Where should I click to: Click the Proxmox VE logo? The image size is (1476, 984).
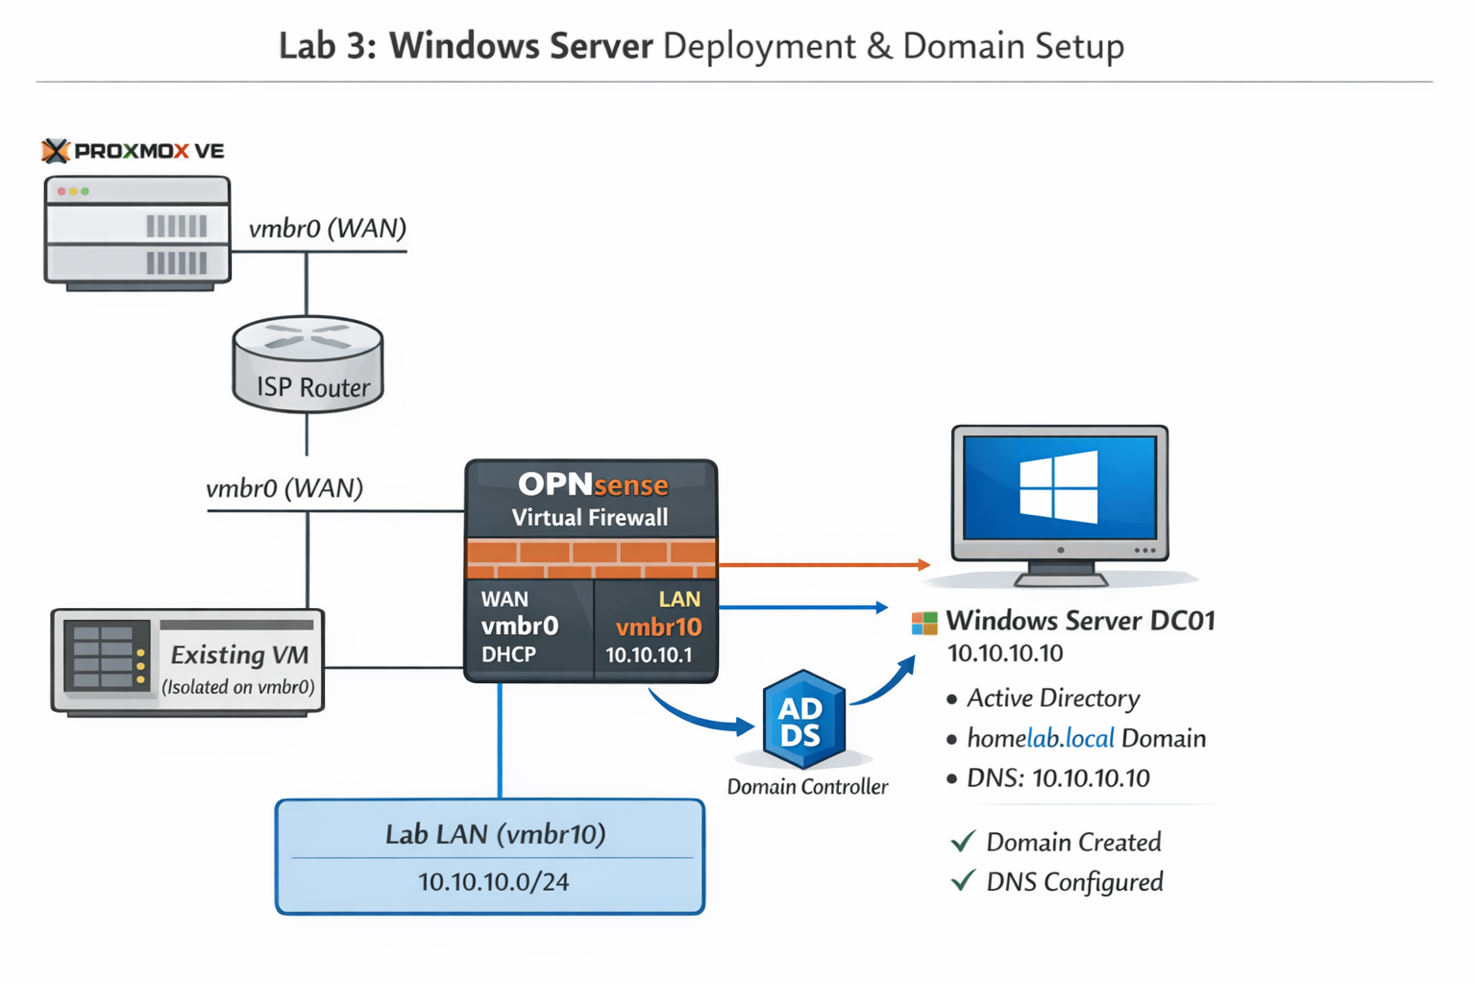pyautogui.click(x=133, y=151)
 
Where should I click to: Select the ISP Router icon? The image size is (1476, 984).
pyautogui.click(x=307, y=365)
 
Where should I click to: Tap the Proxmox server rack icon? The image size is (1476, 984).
pyautogui.click(x=137, y=232)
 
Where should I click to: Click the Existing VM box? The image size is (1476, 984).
pyautogui.click(x=187, y=662)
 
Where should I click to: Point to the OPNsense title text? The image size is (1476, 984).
pyautogui.click(x=592, y=484)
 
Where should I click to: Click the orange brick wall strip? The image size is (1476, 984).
pyautogui.click(x=591, y=558)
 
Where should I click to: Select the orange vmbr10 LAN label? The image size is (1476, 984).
pyautogui.click(x=658, y=627)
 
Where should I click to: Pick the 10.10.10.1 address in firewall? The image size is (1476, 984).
pyautogui.click(x=649, y=655)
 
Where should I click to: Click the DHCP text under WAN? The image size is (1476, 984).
pyautogui.click(x=508, y=655)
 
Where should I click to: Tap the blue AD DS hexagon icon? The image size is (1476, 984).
pyautogui.click(x=802, y=722)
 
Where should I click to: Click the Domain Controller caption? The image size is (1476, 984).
pyautogui.click(x=807, y=787)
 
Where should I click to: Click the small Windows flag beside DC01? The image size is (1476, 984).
pyautogui.click(x=923, y=623)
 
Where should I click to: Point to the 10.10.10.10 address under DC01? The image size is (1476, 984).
pyautogui.click(x=1005, y=653)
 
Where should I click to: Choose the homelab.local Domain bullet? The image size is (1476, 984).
pyautogui.click(x=1086, y=738)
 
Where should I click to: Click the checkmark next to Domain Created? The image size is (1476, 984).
pyautogui.click(x=963, y=842)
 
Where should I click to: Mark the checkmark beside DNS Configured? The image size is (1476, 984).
pyautogui.click(x=963, y=881)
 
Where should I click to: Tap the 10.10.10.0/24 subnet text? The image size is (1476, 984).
pyautogui.click(x=493, y=881)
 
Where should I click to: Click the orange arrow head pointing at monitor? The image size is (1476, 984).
pyautogui.click(x=923, y=565)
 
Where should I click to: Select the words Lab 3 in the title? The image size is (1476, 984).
pyautogui.click(x=328, y=46)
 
